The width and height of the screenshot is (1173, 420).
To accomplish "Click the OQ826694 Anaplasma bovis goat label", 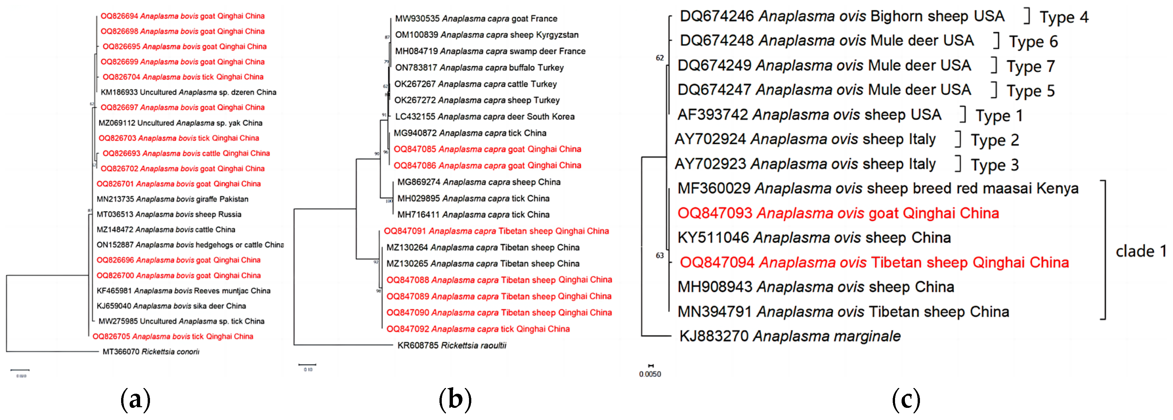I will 182,16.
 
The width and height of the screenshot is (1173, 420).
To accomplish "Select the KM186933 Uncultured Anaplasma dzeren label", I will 188,92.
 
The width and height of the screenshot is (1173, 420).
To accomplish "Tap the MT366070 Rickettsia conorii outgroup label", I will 151,352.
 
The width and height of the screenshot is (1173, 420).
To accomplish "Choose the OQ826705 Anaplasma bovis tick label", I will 173,337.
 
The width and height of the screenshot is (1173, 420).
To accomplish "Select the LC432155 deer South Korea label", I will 484,117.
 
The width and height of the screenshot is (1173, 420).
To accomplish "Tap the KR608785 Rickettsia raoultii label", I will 452,345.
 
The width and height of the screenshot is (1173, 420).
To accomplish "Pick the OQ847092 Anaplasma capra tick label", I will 478,329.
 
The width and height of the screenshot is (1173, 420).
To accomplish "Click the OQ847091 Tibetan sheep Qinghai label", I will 496,231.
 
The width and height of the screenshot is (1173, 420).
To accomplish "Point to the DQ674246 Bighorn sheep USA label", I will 842,16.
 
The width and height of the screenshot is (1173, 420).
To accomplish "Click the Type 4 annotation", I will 1064,17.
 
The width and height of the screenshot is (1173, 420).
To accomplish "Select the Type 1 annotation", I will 999,116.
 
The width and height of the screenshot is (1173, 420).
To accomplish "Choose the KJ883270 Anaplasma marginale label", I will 790,336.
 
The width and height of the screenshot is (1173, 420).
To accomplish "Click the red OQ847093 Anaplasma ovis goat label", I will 838,213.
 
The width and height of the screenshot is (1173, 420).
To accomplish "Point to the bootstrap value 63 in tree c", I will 659,255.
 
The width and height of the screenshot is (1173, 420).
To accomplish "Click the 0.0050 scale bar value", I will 650,374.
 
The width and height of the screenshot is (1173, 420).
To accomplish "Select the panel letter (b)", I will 455,400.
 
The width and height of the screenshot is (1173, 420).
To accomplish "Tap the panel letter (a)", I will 135,400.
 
